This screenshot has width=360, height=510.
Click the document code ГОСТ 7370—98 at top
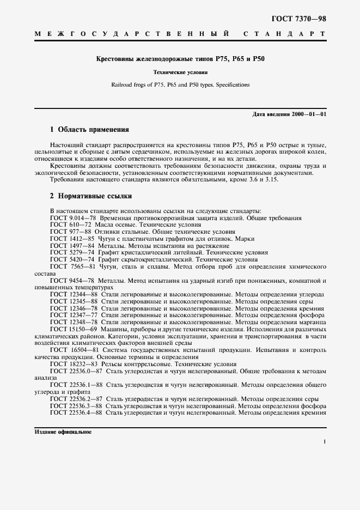coord(298,19)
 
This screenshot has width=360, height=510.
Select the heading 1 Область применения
coord(89,130)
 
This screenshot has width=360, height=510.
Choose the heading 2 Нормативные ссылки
coord(90,196)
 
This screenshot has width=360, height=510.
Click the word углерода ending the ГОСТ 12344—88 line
coord(312,294)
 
